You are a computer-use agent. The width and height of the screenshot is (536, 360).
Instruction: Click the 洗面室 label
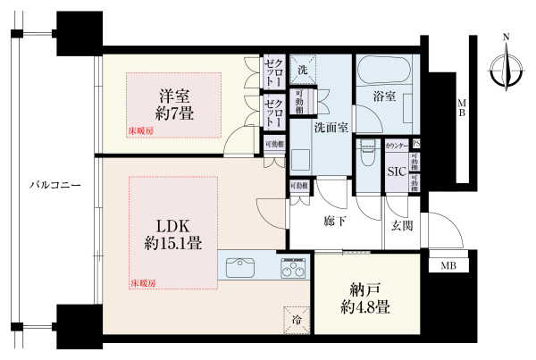pyautogui.click(x=331, y=127)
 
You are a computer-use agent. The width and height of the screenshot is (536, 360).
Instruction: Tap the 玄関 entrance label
pyautogui.click(x=400, y=226)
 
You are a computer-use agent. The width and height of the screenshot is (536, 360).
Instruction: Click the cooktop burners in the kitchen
pyautogui.click(x=293, y=266)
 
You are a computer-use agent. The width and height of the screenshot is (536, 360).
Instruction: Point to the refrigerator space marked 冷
pyautogui.click(x=295, y=319)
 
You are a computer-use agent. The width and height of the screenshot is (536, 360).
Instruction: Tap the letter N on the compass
pyautogui.click(x=507, y=38)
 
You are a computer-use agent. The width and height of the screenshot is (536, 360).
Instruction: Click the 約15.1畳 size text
pyautogui.click(x=167, y=242)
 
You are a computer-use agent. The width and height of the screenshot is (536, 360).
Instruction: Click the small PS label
pyautogui.click(x=416, y=145)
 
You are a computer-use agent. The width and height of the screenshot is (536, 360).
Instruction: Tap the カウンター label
pyautogui.click(x=397, y=145)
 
